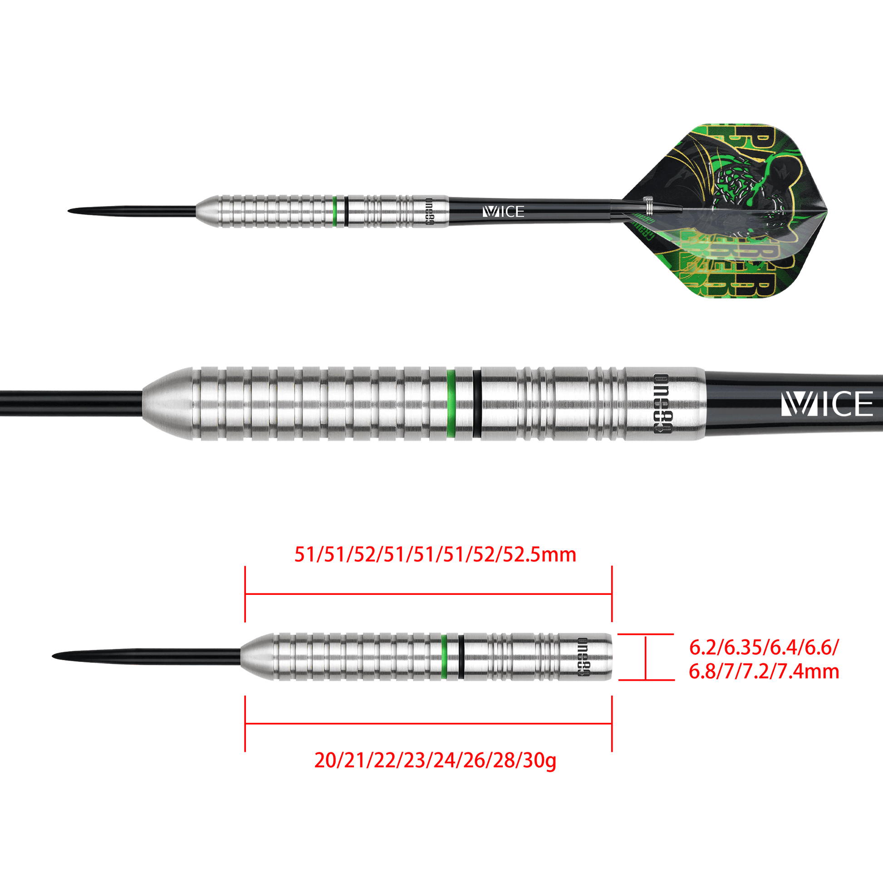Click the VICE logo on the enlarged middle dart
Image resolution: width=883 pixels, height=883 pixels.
[x=826, y=404]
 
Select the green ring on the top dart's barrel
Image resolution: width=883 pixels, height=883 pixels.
[x=335, y=211]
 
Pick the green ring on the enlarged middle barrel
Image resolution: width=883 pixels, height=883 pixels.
[x=451, y=403]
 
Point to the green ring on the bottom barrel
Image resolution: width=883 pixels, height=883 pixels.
[x=443, y=657]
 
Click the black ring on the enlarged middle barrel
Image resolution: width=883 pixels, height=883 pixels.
[x=477, y=403]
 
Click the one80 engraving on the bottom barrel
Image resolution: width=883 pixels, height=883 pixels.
[x=583, y=657]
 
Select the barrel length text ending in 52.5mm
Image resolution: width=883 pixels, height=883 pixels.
[x=435, y=555]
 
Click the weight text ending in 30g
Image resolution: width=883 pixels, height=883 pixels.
[x=435, y=761]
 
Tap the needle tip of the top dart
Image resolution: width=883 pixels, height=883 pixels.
[x=73, y=211]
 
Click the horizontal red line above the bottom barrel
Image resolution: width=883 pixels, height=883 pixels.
[x=428, y=594]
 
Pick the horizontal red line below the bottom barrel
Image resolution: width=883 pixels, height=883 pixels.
[x=428, y=723]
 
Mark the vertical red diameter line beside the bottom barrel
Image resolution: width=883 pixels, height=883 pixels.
[x=646, y=657]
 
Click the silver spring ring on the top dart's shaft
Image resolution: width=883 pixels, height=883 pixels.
[x=647, y=205]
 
